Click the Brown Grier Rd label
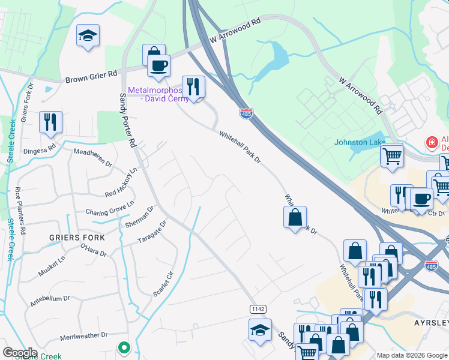click(x=91, y=77)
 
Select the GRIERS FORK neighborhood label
click(x=77, y=238)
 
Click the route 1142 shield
click(x=258, y=308)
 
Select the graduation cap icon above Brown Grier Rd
click(x=88, y=36)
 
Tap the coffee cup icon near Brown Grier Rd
click(x=158, y=65)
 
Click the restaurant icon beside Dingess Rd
click(x=50, y=122)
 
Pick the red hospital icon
click(x=430, y=143)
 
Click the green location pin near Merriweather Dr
click(x=124, y=347)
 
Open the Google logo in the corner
click(x=20, y=353)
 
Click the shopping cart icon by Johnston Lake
click(x=392, y=156)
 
